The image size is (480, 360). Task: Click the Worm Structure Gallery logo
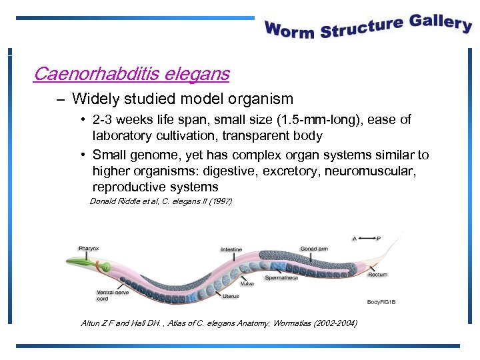click(368, 27)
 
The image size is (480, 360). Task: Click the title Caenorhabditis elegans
click(131, 73)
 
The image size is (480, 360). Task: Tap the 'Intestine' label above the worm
click(231, 250)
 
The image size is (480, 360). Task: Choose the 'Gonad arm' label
click(313, 248)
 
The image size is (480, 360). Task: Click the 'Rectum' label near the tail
click(377, 275)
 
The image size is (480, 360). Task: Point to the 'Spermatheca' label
click(281, 277)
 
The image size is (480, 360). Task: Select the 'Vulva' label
click(247, 284)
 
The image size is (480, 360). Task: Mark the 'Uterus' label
click(231, 296)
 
